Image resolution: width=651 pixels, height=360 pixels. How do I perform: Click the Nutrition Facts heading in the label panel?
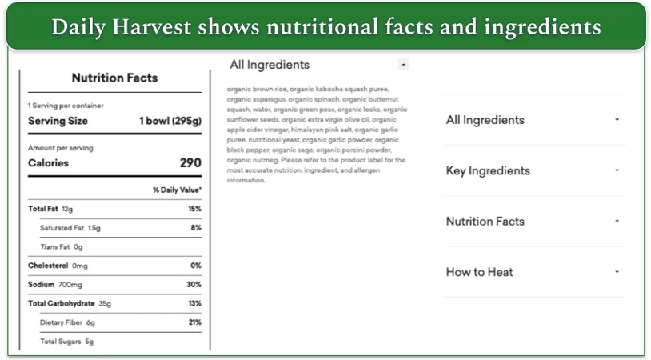pyautogui.click(x=114, y=78)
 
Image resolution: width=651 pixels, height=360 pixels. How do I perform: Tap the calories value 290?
pyautogui.click(x=190, y=163)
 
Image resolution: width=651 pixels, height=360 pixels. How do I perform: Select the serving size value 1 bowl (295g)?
pyautogui.click(x=170, y=121)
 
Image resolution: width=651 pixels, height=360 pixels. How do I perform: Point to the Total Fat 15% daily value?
pyautogui.click(x=194, y=209)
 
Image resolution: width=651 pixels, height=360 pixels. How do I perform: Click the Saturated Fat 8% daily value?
pyautogui.click(x=196, y=228)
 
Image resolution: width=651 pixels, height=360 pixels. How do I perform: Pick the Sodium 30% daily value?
pyautogui.click(x=194, y=285)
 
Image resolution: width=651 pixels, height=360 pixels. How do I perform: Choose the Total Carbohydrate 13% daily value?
pyautogui.click(x=194, y=304)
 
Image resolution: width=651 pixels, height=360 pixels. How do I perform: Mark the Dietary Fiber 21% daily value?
pyautogui.click(x=194, y=322)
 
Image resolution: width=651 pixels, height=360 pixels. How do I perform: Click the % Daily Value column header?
pyautogui.click(x=177, y=190)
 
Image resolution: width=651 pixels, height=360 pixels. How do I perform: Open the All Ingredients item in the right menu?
pyautogui.click(x=485, y=120)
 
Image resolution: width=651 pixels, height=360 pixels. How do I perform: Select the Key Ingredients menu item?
pyautogui.click(x=488, y=170)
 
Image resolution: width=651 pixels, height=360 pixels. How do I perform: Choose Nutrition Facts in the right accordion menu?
pyautogui.click(x=485, y=222)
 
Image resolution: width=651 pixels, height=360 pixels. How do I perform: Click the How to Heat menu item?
pyautogui.click(x=479, y=272)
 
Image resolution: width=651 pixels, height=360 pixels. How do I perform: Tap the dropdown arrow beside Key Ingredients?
pyautogui.click(x=617, y=170)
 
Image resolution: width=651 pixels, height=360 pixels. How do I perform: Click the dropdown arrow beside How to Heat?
pyautogui.click(x=617, y=272)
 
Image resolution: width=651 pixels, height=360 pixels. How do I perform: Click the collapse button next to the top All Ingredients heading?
pyautogui.click(x=403, y=64)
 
